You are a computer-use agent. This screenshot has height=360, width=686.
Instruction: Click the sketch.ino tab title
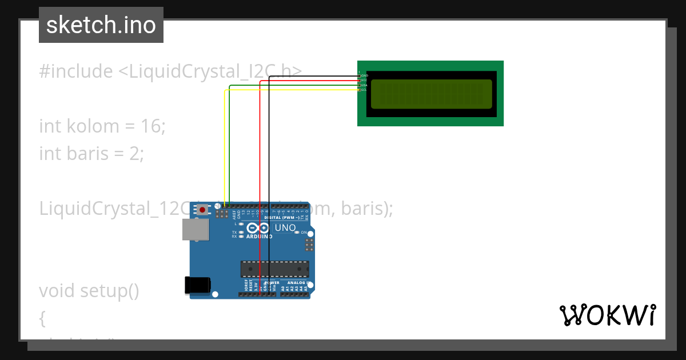coord(101,25)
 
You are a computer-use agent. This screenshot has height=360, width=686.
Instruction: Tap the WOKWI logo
coord(607,315)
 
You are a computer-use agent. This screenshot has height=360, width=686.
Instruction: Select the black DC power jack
coord(197,285)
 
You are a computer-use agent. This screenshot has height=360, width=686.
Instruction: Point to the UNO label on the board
coord(285,228)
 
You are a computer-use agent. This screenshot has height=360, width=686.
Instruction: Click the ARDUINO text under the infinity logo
coord(259,236)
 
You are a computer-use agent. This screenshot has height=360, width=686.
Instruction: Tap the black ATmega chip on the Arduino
coord(274,269)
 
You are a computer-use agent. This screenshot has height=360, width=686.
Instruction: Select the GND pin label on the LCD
coord(364,75)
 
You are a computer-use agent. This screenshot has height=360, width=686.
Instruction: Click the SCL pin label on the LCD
coord(364,90)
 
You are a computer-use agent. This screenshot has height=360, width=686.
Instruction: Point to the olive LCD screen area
coord(431,94)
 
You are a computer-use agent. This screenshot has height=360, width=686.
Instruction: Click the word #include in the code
coord(76,71)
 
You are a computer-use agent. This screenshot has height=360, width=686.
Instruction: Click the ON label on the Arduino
coord(304,233)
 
